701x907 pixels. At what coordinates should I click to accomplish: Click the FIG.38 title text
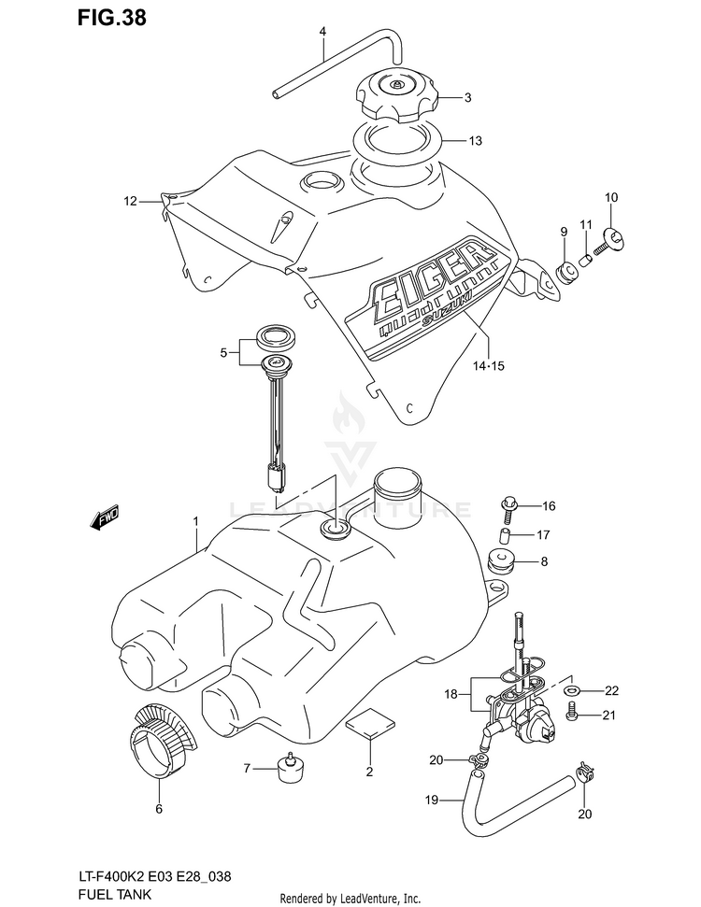tap(112, 18)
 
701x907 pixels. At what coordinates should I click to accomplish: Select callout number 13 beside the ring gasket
tap(475, 140)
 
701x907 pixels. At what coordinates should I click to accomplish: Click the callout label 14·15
tap(488, 365)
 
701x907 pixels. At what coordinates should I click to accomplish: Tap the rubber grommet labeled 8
tap(501, 560)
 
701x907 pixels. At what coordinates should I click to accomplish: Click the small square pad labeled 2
tap(370, 722)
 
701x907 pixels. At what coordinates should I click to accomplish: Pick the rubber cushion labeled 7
tap(292, 768)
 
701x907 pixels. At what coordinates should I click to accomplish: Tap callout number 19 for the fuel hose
tap(432, 801)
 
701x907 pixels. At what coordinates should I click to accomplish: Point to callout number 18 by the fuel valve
tap(451, 694)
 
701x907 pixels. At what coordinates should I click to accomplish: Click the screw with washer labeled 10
tap(608, 242)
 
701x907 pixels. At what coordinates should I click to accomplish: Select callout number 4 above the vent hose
tap(323, 31)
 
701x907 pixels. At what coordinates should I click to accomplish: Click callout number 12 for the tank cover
tap(130, 201)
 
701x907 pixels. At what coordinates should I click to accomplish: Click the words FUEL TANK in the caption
tap(115, 894)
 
